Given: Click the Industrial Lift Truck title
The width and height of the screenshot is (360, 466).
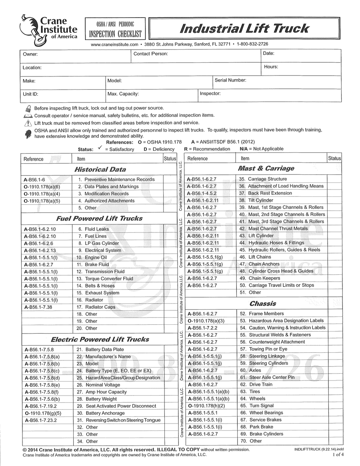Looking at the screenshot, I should click(x=244, y=28).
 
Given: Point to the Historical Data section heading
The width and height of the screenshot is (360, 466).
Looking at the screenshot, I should click(x=100, y=169).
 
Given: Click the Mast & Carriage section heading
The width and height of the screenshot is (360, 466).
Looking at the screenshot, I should click(x=266, y=168).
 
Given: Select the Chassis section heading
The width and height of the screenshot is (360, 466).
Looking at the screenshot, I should click(x=262, y=304).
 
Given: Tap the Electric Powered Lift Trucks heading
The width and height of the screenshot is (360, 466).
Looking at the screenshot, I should click(x=100, y=339).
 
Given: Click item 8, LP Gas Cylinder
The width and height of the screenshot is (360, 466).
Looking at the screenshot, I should click(x=102, y=243).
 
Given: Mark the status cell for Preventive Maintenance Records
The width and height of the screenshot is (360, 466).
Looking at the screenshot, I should click(x=170, y=180).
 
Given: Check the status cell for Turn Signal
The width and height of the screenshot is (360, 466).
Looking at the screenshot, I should click(x=334, y=406).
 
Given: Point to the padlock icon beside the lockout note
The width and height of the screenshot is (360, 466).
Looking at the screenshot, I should click(x=28, y=108).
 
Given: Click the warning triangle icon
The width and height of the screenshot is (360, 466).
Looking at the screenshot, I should click(x=28, y=123).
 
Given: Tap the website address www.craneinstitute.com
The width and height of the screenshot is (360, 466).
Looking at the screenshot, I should click(x=114, y=44).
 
